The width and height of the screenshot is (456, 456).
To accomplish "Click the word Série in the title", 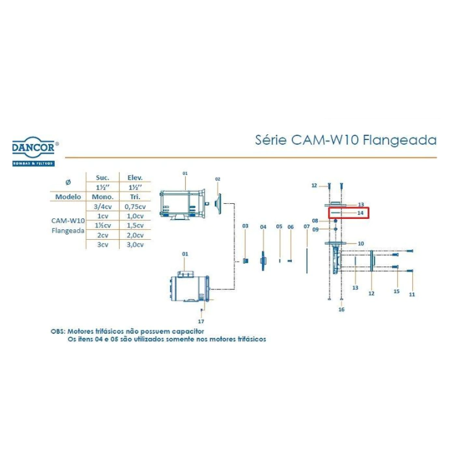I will coord(268,141).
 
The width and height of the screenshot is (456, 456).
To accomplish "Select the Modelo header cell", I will coord(68,196).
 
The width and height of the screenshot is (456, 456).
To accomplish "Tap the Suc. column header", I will coord(102,177).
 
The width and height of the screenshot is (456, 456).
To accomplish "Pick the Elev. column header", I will coord(134,177).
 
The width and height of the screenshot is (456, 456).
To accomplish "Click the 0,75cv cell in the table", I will coord(134,206).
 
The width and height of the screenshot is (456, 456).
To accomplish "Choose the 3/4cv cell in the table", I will coord(102,206).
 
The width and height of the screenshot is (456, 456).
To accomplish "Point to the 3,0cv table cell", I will coord(134,244).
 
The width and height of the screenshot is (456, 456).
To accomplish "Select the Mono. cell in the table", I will coord(102,196).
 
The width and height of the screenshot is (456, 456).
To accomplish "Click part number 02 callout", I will coord(218,179).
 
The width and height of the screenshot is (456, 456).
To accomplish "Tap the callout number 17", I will coord(202,321).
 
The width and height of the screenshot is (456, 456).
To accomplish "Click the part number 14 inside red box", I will coord(360,213).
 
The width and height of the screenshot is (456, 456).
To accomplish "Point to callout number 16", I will coord(341,310).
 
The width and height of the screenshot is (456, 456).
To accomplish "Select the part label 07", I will coord(306,226).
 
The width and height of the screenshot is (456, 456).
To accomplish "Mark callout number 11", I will coord(412,294).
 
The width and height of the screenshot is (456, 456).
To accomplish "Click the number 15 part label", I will coord(396,291).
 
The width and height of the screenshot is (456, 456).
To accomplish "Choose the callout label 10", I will coord(360,244).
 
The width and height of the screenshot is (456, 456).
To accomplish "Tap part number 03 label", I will coord(246,226).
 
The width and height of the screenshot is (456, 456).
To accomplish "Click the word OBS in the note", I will coord(58,331).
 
